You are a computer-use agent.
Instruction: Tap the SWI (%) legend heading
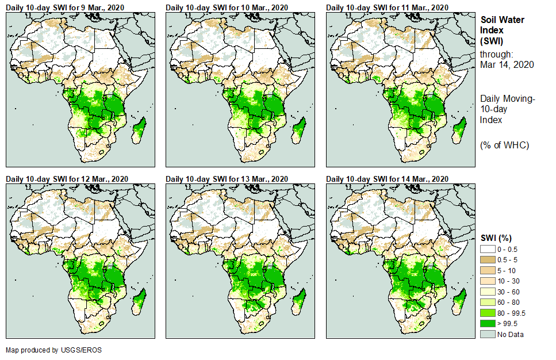pyautogui.click(x=496, y=238)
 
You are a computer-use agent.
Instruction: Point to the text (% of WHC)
pyautogui.click(x=504, y=145)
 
